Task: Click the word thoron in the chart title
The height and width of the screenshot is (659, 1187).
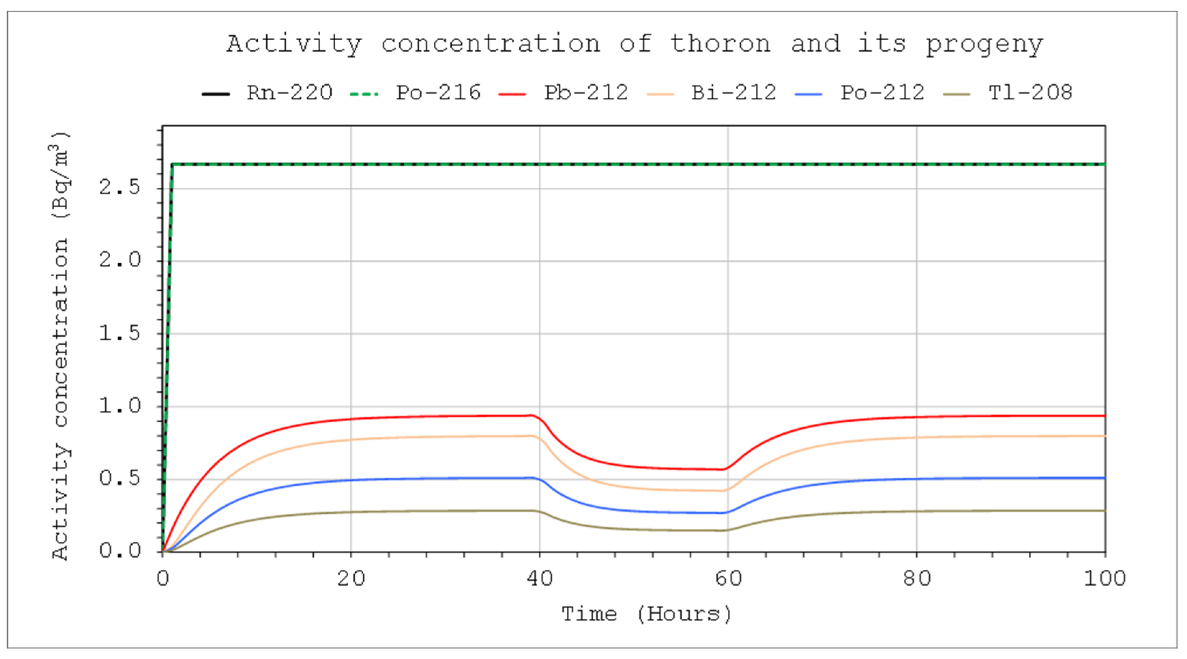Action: tap(720, 44)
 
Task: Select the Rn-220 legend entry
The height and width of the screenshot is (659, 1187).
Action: tap(289, 93)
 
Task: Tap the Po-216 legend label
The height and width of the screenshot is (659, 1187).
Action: tap(438, 93)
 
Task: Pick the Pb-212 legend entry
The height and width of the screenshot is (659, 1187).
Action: tap(586, 93)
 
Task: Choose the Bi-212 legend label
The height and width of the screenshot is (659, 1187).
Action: tap(733, 93)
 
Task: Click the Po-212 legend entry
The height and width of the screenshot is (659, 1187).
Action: tap(882, 93)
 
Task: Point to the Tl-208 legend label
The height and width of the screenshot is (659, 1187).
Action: tap(1030, 93)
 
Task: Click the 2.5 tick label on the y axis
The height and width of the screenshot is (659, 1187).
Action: tap(119, 188)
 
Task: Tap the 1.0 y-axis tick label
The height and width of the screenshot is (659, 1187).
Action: tap(119, 406)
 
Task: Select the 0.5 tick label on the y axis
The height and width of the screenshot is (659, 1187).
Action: tap(119, 479)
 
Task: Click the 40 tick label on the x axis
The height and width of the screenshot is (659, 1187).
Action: tap(539, 578)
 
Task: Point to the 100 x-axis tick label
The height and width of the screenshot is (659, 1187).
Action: tap(1104, 578)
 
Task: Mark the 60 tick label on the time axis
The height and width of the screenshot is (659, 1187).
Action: tap(728, 578)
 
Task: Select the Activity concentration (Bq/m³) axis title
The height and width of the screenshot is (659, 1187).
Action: tap(61, 346)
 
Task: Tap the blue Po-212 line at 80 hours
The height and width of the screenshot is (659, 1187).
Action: tap(916, 479)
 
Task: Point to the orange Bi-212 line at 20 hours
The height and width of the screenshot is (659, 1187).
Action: tap(351, 440)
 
